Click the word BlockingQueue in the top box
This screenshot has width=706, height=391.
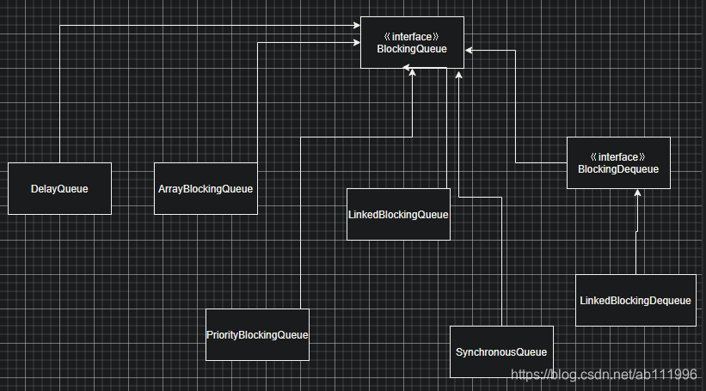click(412, 49)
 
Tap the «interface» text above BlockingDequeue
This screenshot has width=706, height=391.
click(618, 157)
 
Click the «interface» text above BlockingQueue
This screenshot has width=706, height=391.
click(412, 37)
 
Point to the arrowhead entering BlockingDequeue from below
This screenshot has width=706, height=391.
click(637, 194)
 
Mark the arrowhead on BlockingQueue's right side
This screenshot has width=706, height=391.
click(469, 51)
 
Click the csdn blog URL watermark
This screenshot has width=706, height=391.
click(604, 375)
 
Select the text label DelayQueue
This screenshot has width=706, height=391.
click(59, 189)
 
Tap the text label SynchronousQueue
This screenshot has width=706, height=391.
click(501, 352)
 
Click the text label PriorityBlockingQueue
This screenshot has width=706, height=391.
click(257, 334)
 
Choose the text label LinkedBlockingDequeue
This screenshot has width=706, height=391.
click(635, 301)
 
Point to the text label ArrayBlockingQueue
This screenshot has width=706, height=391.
click(206, 189)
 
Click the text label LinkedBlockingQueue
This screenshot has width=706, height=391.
click(398, 214)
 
